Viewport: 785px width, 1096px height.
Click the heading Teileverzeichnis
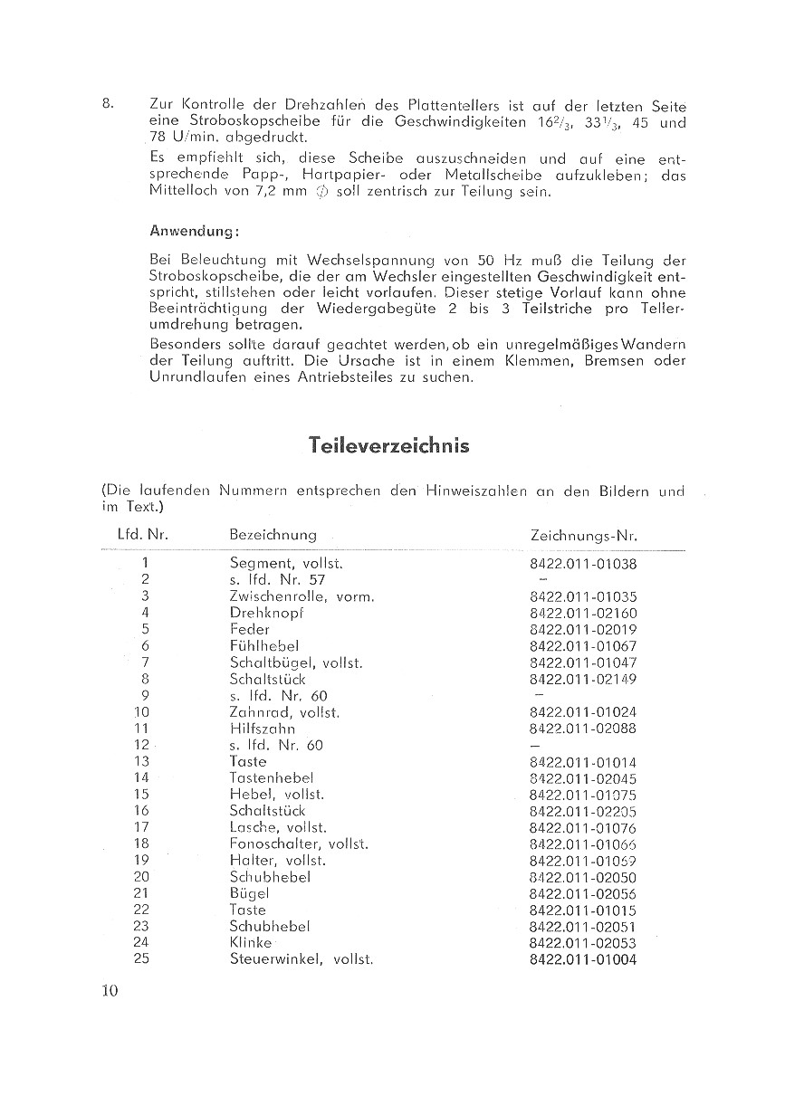pyautogui.click(x=388, y=445)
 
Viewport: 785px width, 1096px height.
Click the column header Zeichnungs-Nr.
pyautogui.click(x=583, y=536)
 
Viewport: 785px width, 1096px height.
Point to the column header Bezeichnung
pyautogui.click(x=273, y=536)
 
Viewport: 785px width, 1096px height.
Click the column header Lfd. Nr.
pyautogui.click(x=143, y=535)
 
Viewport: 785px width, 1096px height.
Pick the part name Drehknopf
pyautogui.click(x=266, y=613)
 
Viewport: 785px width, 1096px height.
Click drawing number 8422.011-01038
pyautogui.click(x=583, y=563)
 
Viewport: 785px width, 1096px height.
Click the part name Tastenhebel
pyautogui.click(x=272, y=777)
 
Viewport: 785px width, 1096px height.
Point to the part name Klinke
pyautogui.click(x=251, y=942)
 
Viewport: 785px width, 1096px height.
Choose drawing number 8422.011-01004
pyautogui.click(x=583, y=959)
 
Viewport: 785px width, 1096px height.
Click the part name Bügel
pyautogui.click(x=250, y=893)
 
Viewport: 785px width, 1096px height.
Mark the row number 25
pyautogui.click(x=140, y=958)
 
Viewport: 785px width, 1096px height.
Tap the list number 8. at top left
pyautogui.click(x=108, y=104)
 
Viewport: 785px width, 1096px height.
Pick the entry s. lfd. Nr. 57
pyautogui.click(x=277, y=579)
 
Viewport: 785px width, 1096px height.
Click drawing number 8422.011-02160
pyautogui.click(x=583, y=613)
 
